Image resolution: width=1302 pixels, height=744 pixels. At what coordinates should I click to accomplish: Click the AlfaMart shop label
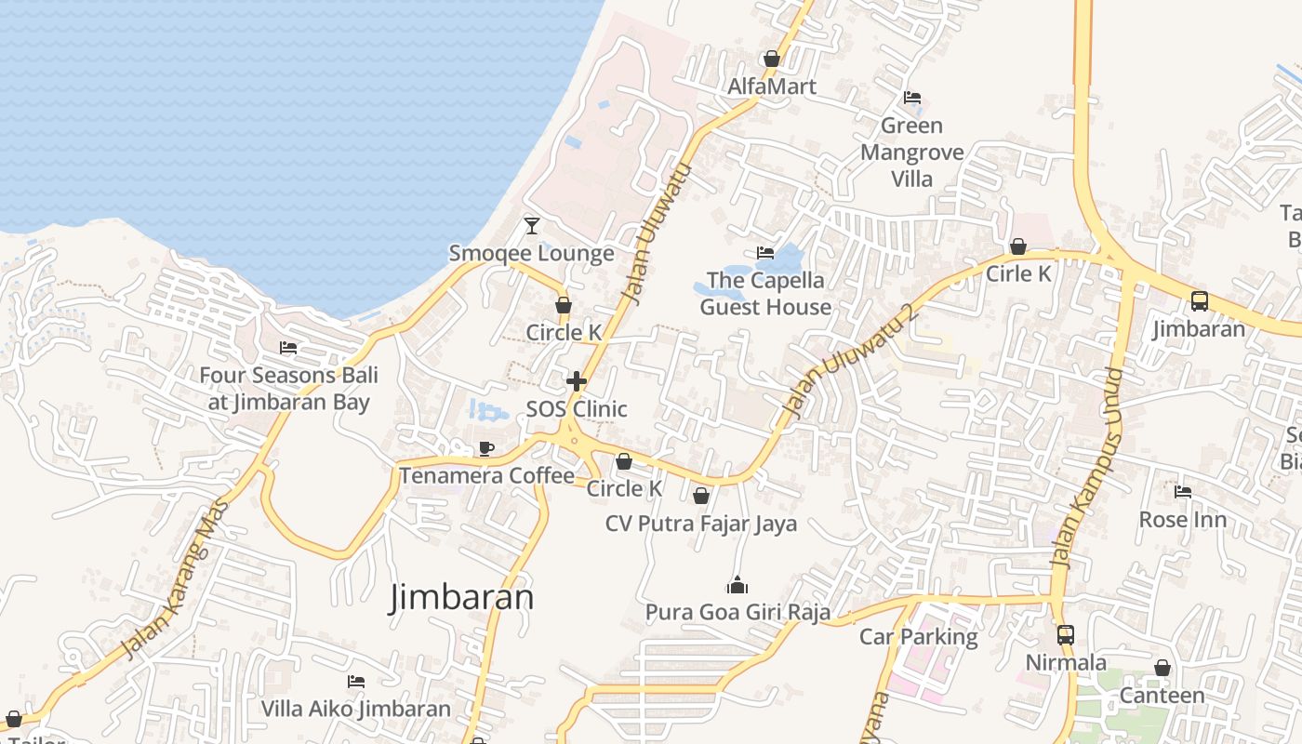(x=772, y=86)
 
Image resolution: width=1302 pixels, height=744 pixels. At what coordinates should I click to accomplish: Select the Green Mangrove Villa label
(x=911, y=152)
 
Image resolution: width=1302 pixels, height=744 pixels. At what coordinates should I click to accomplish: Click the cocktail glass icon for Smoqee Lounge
(x=532, y=225)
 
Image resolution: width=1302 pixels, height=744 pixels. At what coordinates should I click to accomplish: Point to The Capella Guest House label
(x=765, y=293)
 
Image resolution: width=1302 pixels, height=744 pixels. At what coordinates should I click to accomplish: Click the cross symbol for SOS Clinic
(x=577, y=381)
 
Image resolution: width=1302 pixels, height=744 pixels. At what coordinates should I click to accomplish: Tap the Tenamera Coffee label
(x=487, y=475)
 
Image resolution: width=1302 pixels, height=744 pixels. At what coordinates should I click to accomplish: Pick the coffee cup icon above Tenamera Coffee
(x=485, y=449)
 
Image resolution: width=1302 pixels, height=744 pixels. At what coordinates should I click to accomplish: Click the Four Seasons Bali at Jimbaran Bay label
(x=288, y=389)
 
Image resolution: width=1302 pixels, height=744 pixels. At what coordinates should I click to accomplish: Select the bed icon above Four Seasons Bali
(x=288, y=348)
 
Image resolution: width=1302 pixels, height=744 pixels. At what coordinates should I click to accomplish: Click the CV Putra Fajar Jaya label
(x=701, y=524)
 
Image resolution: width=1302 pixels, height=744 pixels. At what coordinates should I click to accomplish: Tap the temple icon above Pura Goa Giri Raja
(x=737, y=586)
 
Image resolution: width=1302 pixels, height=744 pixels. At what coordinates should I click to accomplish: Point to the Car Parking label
(x=918, y=637)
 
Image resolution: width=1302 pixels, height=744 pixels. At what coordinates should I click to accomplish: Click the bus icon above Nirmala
(x=1066, y=635)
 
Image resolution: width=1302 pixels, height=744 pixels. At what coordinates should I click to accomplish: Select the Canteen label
(x=1162, y=695)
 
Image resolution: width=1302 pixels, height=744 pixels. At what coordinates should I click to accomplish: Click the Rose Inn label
(x=1183, y=519)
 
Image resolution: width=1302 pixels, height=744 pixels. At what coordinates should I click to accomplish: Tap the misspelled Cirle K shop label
(x=1018, y=273)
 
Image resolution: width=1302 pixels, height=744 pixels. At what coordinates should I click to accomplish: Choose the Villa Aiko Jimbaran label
(x=355, y=709)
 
